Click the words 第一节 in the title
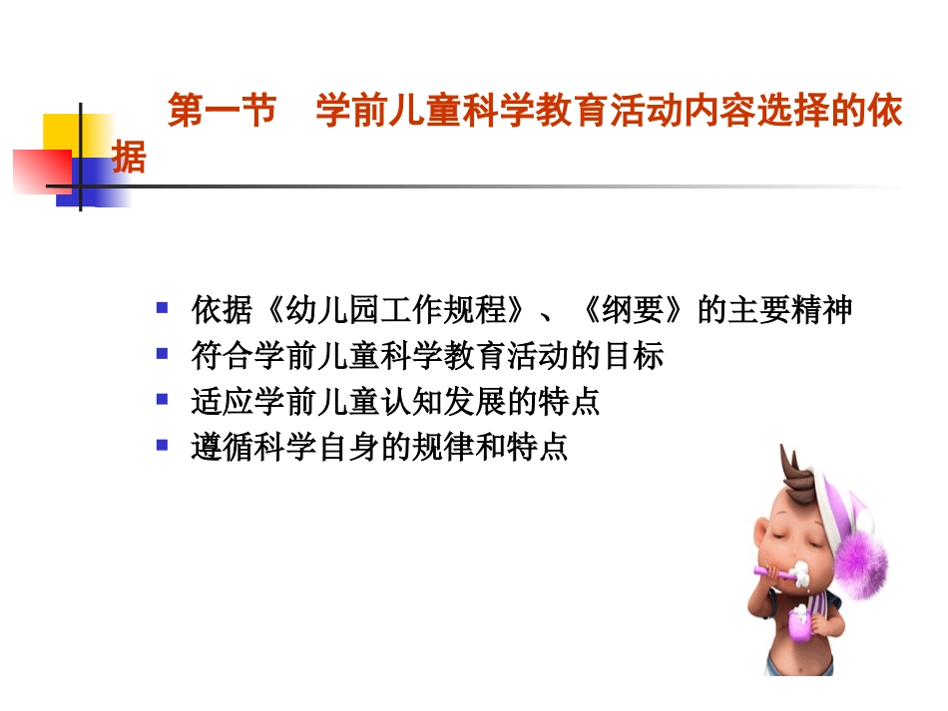click(x=222, y=112)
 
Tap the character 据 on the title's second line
click(x=129, y=157)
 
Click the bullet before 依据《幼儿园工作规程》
click(x=162, y=308)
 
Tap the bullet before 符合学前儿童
click(x=162, y=354)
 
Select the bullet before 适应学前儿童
click(x=162, y=400)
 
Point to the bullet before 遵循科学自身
click(x=162, y=445)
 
